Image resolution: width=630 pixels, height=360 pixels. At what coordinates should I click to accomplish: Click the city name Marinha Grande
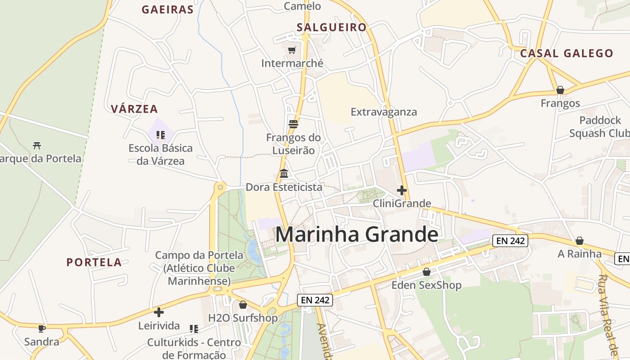[x=356, y=234]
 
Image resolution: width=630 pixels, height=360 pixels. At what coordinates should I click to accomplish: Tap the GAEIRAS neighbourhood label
[x=167, y=9]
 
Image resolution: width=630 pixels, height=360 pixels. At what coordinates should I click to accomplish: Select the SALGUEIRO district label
[x=332, y=27]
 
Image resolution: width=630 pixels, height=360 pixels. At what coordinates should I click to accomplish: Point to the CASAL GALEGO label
[x=567, y=53]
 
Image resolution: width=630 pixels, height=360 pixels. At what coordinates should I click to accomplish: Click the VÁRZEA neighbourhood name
[x=134, y=109]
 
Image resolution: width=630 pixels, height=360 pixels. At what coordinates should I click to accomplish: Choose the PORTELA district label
[x=94, y=262]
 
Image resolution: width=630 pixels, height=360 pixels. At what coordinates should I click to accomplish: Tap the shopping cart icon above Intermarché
[x=292, y=50]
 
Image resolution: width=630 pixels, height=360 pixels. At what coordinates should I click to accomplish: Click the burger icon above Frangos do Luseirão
[x=293, y=124]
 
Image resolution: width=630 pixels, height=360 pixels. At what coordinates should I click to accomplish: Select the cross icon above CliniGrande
[x=402, y=190]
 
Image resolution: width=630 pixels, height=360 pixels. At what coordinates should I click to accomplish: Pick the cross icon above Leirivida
[x=158, y=312]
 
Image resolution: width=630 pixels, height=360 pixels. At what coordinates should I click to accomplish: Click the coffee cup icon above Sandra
[x=42, y=328]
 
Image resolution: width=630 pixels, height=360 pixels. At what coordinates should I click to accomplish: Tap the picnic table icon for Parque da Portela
[x=37, y=145]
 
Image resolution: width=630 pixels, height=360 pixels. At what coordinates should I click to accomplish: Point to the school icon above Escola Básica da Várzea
[x=161, y=135]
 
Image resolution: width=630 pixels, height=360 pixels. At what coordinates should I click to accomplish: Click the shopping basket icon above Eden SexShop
[x=427, y=272]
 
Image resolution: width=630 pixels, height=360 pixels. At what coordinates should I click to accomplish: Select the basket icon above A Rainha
[x=580, y=241]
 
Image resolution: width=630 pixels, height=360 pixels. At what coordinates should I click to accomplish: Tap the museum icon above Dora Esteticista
[x=284, y=173]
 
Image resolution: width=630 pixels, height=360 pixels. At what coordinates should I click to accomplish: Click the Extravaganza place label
[x=384, y=112]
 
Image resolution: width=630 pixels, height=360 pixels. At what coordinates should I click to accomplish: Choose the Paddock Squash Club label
[x=600, y=127]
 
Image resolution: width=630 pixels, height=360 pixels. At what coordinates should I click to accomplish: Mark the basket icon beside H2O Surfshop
[x=243, y=305]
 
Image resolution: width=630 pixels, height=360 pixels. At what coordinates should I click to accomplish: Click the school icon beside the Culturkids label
[x=194, y=329]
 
